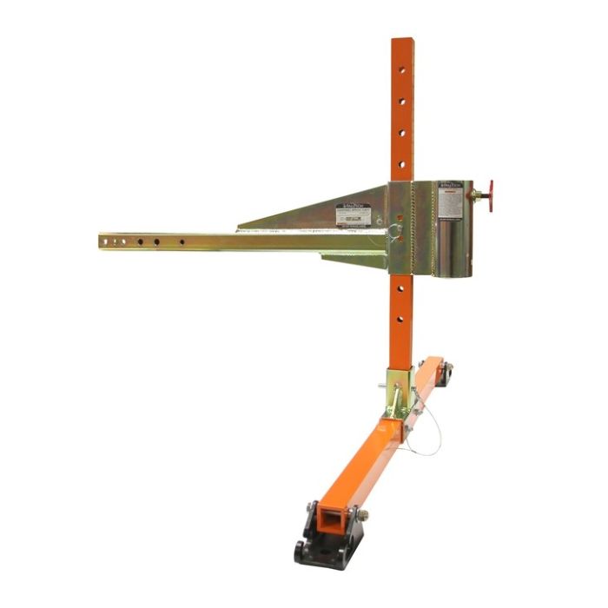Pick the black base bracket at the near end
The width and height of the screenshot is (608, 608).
pyautogui.click(x=326, y=539)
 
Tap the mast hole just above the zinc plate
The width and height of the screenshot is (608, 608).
pyautogui.click(x=402, y=163)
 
